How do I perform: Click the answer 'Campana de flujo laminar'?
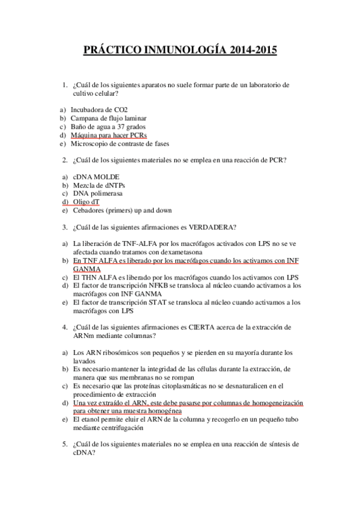click(x=109, y=118)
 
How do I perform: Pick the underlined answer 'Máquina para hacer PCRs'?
click(x=109, y=135)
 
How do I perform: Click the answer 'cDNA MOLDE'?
click(x=96, y=177)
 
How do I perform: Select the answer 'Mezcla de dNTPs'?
click(x=100, y=185)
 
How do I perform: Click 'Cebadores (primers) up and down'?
click(x=122, y=210)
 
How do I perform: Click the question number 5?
click(x=65, y=444)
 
